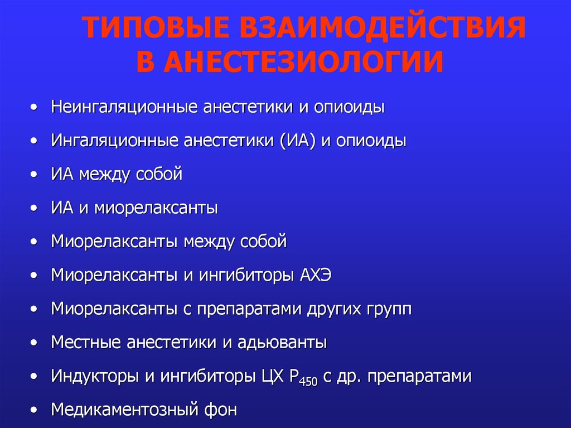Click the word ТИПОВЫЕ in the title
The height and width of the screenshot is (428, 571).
(156, 28)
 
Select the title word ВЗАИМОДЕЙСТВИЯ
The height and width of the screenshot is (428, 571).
(383, 28)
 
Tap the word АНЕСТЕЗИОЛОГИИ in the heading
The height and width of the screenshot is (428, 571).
(304, 61)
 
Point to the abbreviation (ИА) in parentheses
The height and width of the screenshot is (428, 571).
(298, 141)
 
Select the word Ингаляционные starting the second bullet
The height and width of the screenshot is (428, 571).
(115, 141)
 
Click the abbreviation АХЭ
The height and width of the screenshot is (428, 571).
(316, 275)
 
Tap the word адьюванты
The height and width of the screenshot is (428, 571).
(282, 342)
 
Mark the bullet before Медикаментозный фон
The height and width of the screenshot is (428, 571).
(34, 410)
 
